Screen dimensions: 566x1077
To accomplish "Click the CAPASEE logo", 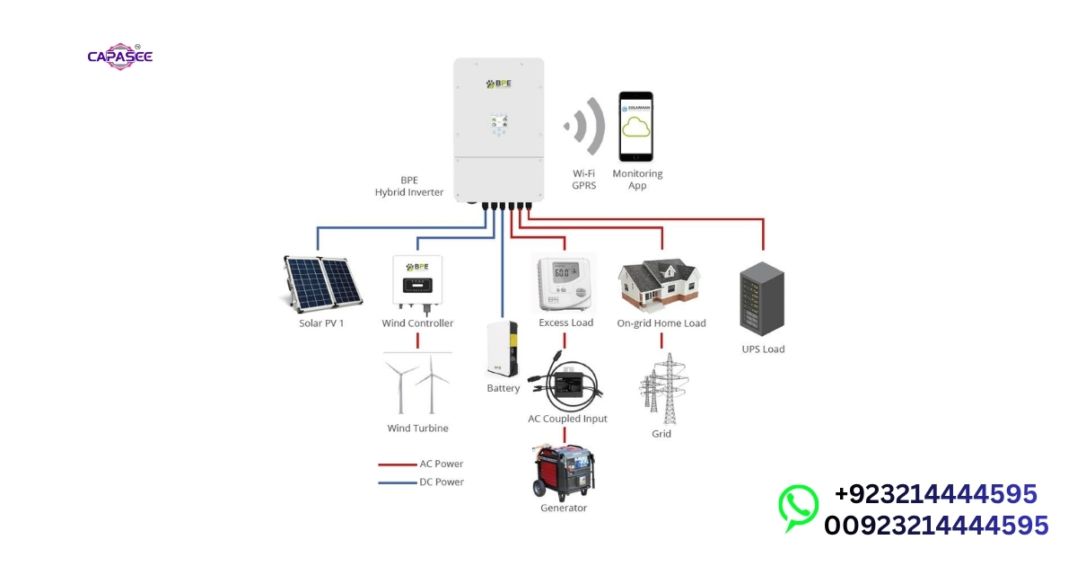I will point(119,57).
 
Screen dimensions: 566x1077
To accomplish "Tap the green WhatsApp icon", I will point(798,508).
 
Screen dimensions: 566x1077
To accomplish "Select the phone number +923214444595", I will point(935,494).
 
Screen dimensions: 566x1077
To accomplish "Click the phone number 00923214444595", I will point(935,525).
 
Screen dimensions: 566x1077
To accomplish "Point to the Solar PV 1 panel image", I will point(321,283).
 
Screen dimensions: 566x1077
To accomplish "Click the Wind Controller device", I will point(417,284).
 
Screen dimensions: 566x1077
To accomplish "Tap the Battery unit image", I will point(503,349).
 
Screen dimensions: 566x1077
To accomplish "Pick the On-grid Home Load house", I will point(661,284).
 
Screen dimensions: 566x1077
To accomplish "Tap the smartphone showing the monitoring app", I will point(635,127).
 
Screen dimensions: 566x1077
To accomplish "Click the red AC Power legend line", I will point(396,464).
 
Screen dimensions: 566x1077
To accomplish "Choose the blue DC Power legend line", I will point(396,482).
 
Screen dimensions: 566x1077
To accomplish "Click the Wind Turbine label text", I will point(417,429).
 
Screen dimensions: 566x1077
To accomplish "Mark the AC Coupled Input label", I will point(567,419).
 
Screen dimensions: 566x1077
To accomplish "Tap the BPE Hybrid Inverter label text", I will point(409,186).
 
